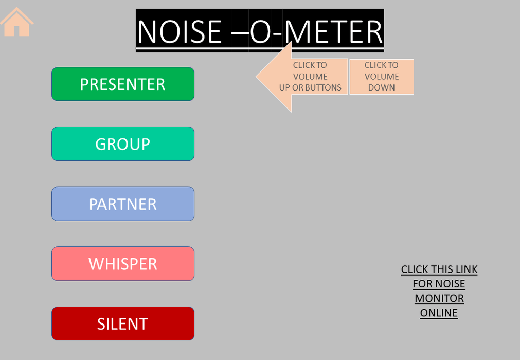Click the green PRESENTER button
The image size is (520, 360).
[123, 84]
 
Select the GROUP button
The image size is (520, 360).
[123, 144]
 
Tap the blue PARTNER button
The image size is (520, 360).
[123, 204]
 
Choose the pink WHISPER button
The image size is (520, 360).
[123, 264]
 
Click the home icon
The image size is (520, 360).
[17, 22]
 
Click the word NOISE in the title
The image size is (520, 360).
[180, 32]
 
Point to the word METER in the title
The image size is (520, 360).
[333, 32]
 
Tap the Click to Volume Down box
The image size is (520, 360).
[382, 77]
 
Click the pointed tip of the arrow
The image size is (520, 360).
[256, 77]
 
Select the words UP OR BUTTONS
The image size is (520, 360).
[310, 87]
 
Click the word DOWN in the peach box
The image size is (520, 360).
[382, 87]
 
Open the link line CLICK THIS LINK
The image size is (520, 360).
[439, 269]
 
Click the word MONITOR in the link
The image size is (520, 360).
[439, 298]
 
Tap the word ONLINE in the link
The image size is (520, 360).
[439, 313]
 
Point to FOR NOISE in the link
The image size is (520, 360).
[439, 284]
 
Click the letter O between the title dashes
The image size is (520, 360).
[261, 32]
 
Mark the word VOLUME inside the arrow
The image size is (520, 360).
[310, 77]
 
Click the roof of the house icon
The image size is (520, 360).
[17, 15]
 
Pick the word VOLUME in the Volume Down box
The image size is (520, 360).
[382, 77]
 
